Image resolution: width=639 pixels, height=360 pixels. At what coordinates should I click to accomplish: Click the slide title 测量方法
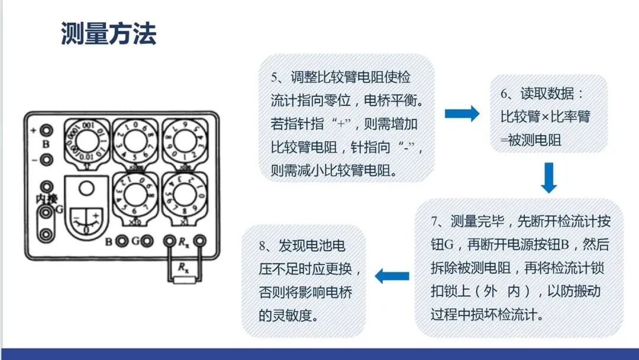click(x=108, y=34)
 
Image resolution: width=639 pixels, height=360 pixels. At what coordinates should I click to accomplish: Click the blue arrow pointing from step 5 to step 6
click(x=461, y=114)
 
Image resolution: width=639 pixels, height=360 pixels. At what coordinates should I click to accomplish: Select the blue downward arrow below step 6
click(x=548, y=178)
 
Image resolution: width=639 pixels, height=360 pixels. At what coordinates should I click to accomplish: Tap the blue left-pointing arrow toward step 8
click(x=392, y=275)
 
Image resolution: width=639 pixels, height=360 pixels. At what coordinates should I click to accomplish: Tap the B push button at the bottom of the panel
click(x=122, y=242)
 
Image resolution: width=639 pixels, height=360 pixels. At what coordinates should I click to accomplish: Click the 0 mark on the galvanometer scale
click(x=87, y=226)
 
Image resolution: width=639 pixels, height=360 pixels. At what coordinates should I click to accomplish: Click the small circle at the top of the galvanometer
click(x=86, y=189)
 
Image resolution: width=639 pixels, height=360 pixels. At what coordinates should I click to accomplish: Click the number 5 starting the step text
click(x=275, y=78)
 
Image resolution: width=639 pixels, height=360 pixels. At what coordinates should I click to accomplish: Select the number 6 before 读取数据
click(x=504, y=94)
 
